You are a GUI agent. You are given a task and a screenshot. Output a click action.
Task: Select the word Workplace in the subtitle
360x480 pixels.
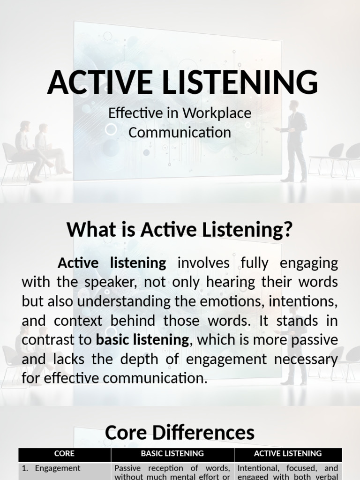point(217,113)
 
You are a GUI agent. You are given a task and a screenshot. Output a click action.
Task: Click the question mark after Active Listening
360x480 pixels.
point(288,230)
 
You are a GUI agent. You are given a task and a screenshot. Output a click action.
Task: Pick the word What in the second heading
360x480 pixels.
point(88,230)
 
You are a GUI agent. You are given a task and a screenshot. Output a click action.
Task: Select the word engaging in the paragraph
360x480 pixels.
point(308,263)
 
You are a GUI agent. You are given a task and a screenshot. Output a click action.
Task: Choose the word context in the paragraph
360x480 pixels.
point(76,321)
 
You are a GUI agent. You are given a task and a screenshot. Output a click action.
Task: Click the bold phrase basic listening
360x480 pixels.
point(142,340)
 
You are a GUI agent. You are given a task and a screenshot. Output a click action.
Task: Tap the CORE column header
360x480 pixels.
point(64,454)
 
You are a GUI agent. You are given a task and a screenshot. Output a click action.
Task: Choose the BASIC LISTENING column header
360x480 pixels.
point(172,454)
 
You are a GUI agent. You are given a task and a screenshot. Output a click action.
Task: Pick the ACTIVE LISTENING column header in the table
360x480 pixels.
point(287,454)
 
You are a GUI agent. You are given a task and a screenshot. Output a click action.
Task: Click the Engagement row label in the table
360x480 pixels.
point(57,468)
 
